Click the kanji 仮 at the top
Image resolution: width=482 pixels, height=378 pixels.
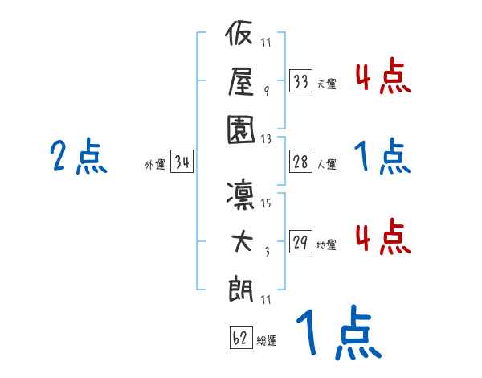coord(242,36)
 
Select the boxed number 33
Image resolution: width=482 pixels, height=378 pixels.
coord(300,80)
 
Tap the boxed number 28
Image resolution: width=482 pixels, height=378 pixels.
coord(300,162)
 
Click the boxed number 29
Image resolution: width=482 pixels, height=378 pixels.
coord(300,243)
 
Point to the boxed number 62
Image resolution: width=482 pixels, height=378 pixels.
coord(239,339)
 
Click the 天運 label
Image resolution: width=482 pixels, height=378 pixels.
coord(326,84)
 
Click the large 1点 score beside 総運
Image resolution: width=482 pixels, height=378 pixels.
coord(337,334)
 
